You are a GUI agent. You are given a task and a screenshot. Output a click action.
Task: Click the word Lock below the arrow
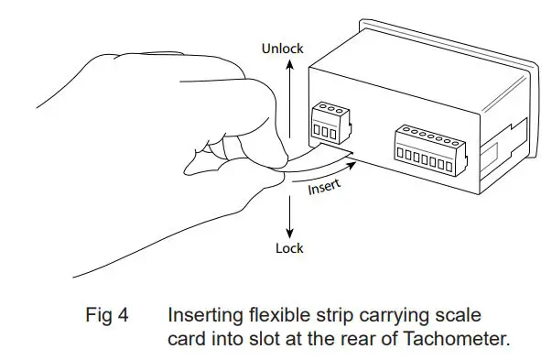pyautogui.click(x=289, y=248)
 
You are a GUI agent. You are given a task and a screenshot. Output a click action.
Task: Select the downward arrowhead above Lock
pyautogui.click(x=289, y=232)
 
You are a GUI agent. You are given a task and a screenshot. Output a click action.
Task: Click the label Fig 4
pyautogui.click(x=107, y=317)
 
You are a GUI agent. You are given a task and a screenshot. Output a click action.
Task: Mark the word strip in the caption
pyautogui.click(x=331, y=317)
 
